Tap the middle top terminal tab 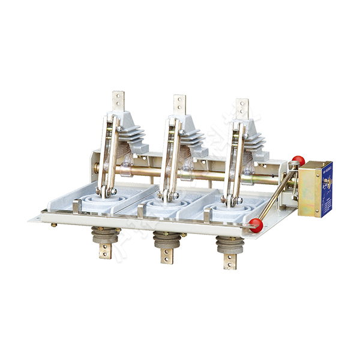tap(179, 104)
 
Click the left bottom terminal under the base tap(105, 251)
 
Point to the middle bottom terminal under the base tap(166, 255)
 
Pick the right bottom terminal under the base tap(230, 261)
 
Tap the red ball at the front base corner tap(256, 224)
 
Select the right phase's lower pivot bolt tap(232, 200)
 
